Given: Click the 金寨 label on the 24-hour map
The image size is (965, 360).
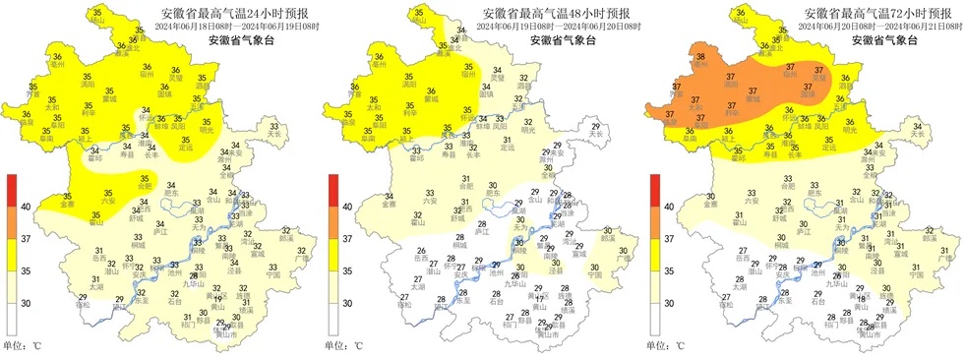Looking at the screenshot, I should coord(66,204).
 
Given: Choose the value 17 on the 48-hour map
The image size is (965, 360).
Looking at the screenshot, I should coord(539,298).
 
